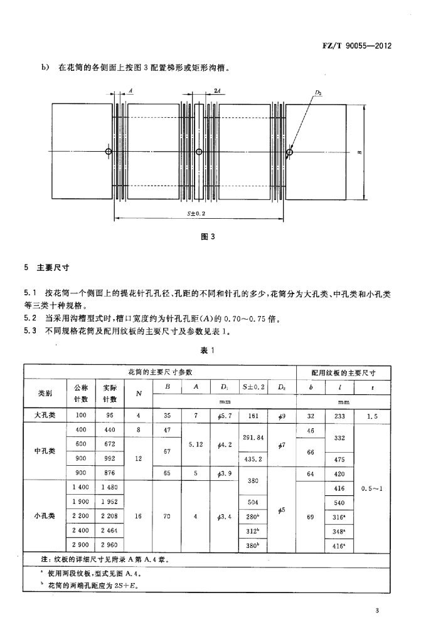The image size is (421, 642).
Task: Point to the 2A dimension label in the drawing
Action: click(216, 91)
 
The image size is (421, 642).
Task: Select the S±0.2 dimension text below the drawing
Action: click(197, 213)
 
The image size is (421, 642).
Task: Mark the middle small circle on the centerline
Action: click(199, 152)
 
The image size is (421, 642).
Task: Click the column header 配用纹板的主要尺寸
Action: click(343, 372)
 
